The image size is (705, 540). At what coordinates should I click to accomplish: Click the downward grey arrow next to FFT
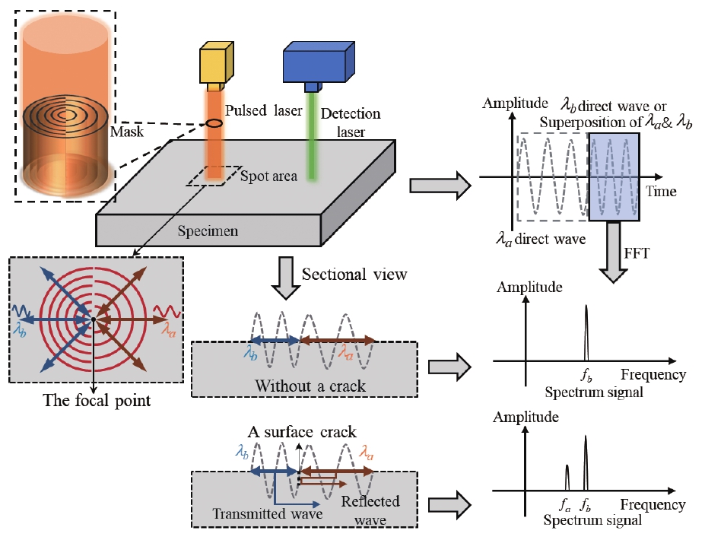pos(612,251)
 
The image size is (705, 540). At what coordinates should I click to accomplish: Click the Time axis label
pos(661,191)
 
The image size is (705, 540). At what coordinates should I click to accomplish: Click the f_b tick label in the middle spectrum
pos(586,374)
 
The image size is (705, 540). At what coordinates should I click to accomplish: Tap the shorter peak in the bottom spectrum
pos(567,478)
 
